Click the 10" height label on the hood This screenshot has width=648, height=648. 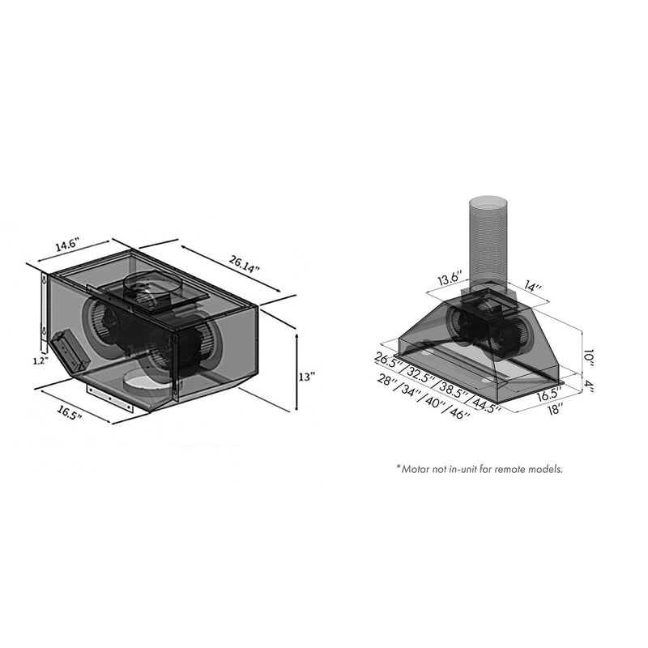click(x=590, y=356)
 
